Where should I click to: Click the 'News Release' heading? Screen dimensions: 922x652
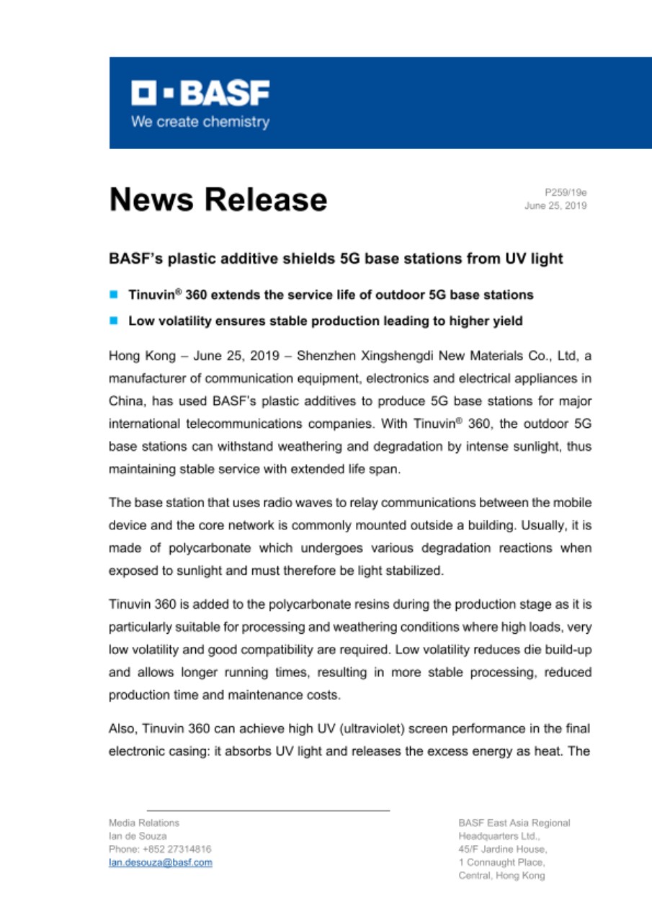tap(218, 200)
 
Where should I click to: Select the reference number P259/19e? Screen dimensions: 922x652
tap(566, 192)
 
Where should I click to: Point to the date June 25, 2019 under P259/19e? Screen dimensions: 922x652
tap(555, 205)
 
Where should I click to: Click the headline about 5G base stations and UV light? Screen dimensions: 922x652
tap(335, 259)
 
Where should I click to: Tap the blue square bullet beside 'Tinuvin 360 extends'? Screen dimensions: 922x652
tap(114, 295)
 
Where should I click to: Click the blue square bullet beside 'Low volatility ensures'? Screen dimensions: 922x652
tap(114, 321)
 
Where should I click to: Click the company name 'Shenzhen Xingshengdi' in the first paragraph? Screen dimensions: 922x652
tap(354, 355)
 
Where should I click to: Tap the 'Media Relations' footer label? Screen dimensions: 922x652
tap(144, 822)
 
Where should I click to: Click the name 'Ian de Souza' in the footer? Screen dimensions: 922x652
tap(138, 836)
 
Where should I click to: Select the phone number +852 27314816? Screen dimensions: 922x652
tap(160, 849)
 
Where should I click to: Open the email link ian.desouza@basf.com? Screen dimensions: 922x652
tap(160, 862)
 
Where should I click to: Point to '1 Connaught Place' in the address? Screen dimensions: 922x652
tap(501, 862)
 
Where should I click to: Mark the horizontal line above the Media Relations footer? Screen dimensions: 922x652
tap(268, 810)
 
